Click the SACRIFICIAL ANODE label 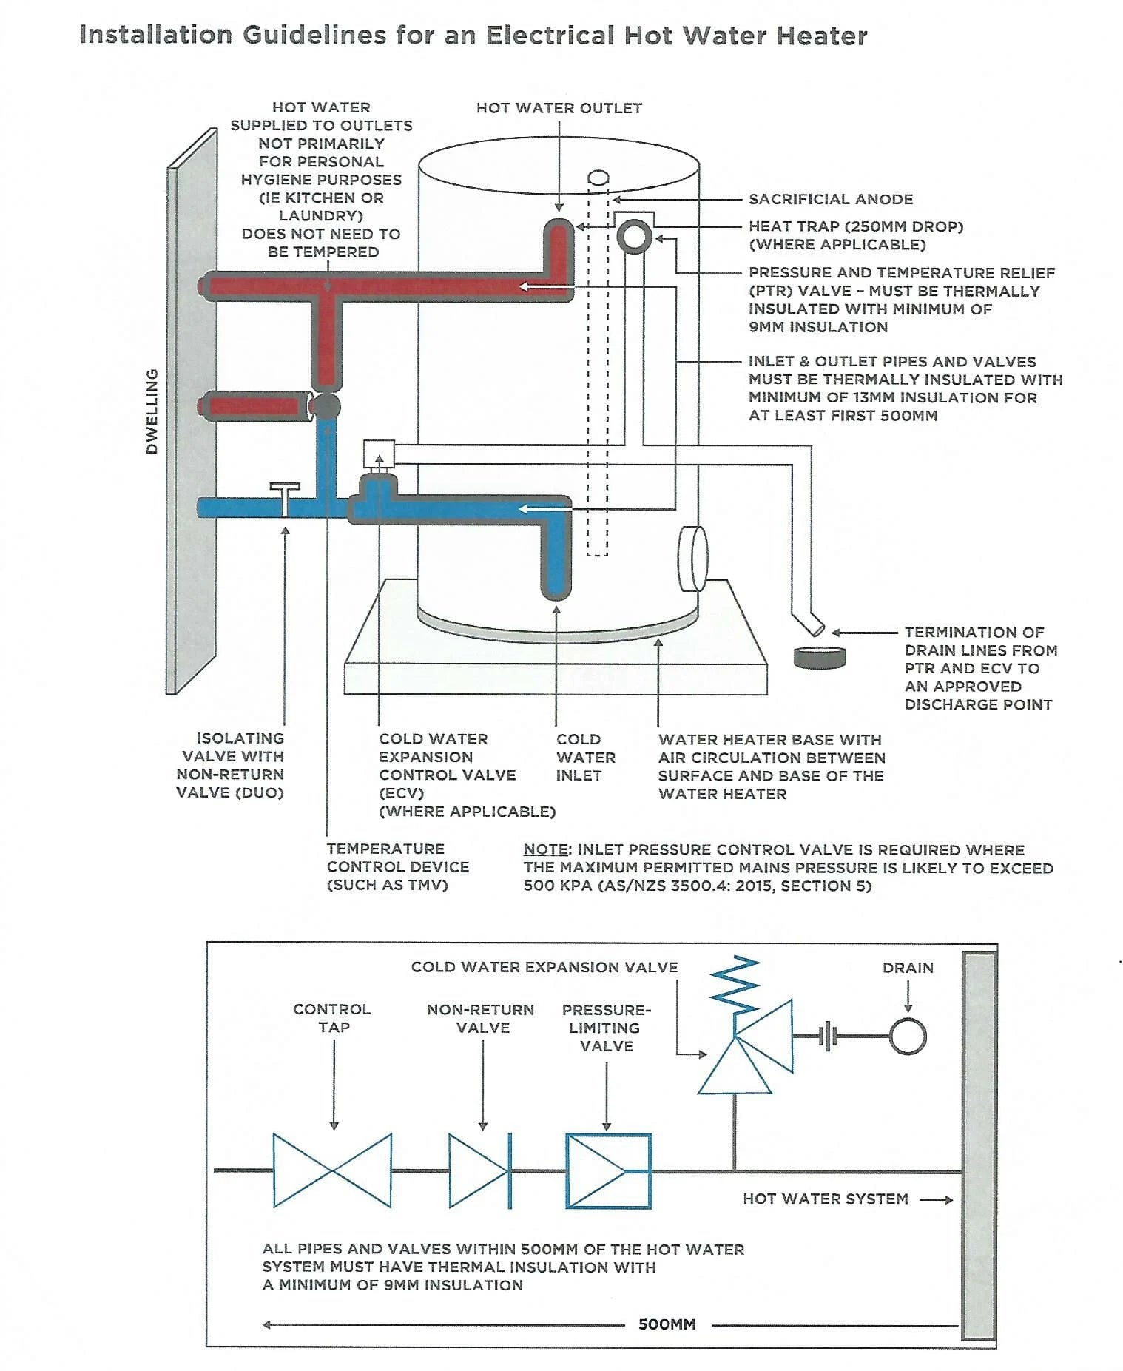point(830,199)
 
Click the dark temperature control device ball point(326,406)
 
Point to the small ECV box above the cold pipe point(379,454)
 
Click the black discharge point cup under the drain point(820,657)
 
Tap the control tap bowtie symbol point(332,1170)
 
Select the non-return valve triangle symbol point(479,1170)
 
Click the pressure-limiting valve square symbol point(608,1170)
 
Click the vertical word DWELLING point(152,411)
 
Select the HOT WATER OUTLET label point(559,108)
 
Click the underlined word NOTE point(545,850)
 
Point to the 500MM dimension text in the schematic point(667,1324)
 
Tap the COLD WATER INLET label point(585,757)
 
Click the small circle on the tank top point(598,178)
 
